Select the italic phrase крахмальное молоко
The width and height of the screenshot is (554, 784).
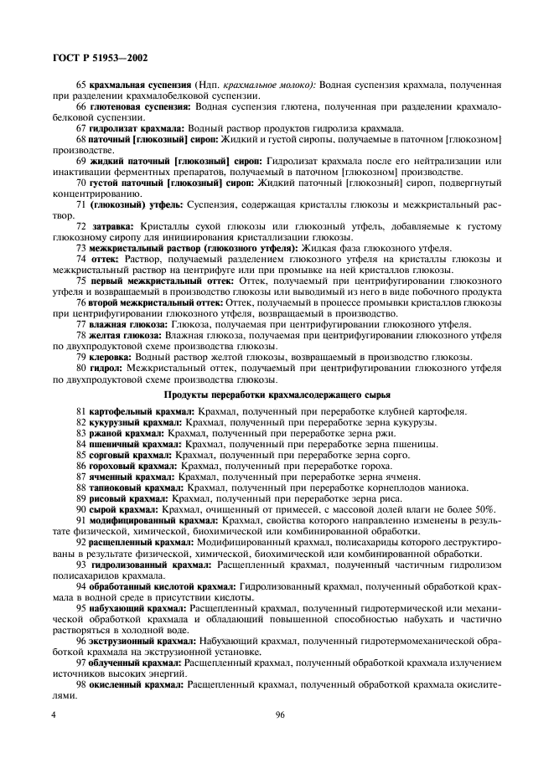tap(268, 85)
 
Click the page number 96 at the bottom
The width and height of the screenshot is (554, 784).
tap(277, 715)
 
